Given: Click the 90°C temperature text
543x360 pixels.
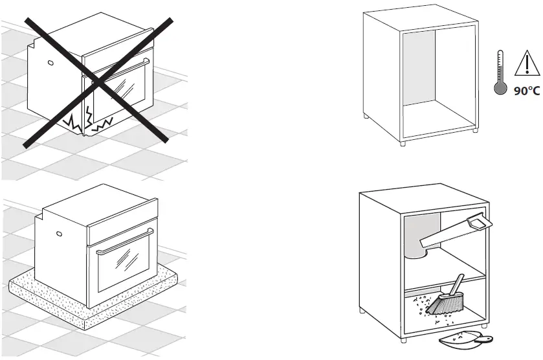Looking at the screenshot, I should coord(526,91).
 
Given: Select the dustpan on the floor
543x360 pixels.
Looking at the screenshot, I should coord(462,339).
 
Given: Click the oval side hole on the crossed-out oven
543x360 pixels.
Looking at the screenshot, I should coord(49,63).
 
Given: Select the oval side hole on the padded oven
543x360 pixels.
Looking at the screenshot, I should coord(58,234).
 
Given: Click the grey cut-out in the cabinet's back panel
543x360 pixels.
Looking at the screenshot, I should coord(417,236).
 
